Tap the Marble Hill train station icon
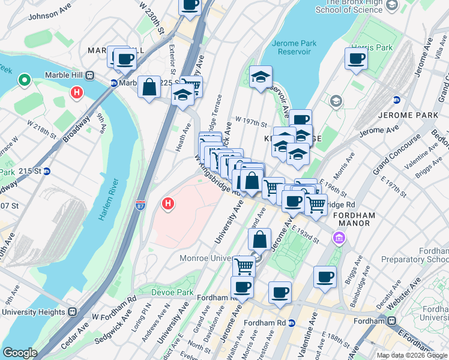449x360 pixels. point(91,76)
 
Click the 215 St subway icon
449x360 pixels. point(47,171)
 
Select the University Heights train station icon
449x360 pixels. point(73,312)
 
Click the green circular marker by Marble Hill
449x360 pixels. point(25,79)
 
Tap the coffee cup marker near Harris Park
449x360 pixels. point(356,59)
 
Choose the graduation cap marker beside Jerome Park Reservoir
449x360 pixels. point(261,77)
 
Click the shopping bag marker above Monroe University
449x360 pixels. point(259,239)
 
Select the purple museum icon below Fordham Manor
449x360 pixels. point(339,239)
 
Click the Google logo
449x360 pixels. point(20,353)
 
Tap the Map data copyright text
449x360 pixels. point(412,355)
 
